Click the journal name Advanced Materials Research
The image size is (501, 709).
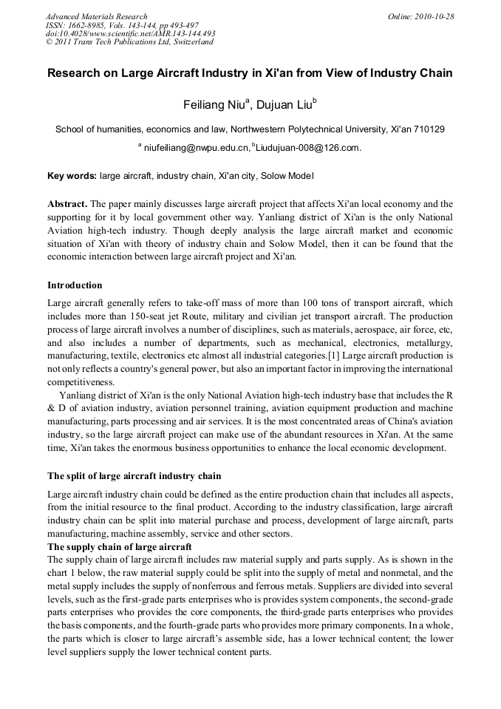pyautogui.click(x=96, y=16)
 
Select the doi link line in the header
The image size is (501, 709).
pyautogui.click(x=130, y=33)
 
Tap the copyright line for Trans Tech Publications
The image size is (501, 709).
pyautogui.click(x=129, y=42)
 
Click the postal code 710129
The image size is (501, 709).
pyautogui.click(x=427, y=129)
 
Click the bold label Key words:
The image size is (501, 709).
pyautogui.click(x=72, y=176)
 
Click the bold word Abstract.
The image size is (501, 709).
pyautogui.click(x=68, y=203)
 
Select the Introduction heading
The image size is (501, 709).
pyautogui.click(x=75, y=285)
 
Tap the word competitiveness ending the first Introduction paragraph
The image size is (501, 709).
pyautogui.click(x=81, y=382)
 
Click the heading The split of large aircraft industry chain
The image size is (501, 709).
pyautogui.click(x=134, y=475)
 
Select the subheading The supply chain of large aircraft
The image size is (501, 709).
pyautogui.click(x=120, y=546)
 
